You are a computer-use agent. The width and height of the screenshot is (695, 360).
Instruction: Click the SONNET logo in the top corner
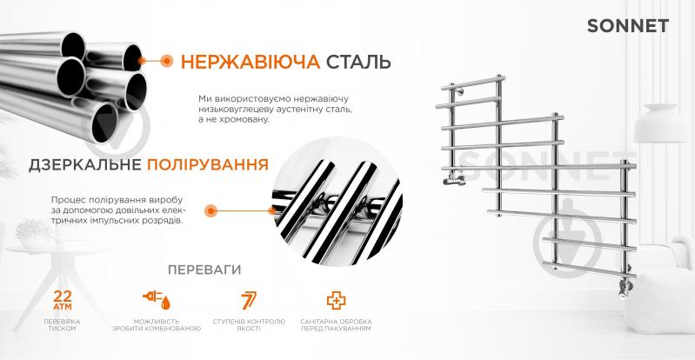pos(628,26)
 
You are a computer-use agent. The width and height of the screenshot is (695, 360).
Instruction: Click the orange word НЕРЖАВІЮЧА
pos(251,62)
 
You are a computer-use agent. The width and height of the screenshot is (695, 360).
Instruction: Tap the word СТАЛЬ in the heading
pos(358,62)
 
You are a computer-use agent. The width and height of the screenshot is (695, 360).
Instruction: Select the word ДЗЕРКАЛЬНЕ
pos(85,165)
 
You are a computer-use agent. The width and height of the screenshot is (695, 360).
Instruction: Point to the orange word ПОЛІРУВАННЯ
pos(207,165)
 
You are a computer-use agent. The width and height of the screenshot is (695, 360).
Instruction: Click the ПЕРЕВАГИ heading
pos(204,270)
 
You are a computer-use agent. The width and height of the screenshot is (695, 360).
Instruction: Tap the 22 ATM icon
pos(63,300)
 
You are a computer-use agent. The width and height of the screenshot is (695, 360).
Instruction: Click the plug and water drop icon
pos(157,300)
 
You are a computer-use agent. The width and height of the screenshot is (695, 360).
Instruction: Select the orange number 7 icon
pos(249,300)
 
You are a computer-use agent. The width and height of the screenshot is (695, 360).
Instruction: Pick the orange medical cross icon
pos(336,300)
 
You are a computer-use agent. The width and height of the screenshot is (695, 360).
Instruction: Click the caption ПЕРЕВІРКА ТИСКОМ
pos(62,325)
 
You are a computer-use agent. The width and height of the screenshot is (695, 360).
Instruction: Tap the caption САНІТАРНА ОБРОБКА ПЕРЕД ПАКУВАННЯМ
pos(336,325)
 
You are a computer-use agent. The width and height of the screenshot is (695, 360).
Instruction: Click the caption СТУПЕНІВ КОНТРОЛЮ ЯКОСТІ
pos(249,325)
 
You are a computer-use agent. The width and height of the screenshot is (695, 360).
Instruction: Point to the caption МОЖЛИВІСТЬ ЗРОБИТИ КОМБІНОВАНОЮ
pos(157,325)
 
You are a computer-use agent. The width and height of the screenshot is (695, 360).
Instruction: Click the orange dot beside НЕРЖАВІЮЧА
pos(167,61)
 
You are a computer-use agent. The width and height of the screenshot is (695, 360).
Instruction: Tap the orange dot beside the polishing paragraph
pos(211,210)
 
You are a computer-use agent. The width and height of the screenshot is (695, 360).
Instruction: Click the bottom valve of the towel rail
pos(625,288)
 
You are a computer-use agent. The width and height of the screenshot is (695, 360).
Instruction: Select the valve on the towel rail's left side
pos(454,179)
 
